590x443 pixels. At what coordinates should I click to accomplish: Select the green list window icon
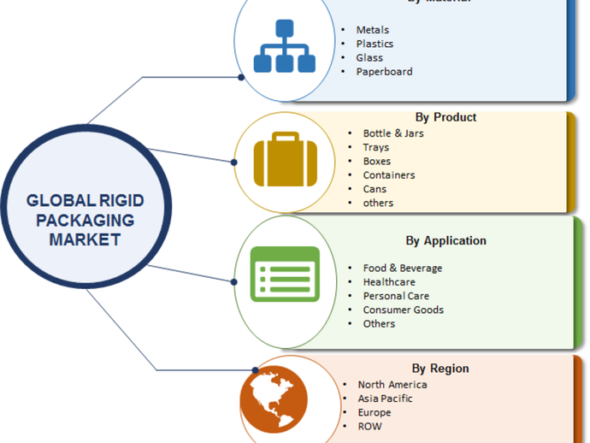pos(285,274)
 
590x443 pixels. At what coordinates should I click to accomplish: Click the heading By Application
pos(445,240)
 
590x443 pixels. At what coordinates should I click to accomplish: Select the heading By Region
pos(440,369)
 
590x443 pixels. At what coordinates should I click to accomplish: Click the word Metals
pos(373,30)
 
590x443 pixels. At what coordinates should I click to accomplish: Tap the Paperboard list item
pos(384,72)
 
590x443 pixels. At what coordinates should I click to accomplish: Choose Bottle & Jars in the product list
pos(392,133)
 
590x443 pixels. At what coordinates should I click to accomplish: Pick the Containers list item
pos(388,175)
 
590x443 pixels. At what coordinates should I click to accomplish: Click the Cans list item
pos(375,189)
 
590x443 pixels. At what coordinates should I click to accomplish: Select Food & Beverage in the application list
pos(402,269)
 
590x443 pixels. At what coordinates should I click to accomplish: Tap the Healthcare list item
pos(388,282)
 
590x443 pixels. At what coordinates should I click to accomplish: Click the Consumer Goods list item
pos(403,310)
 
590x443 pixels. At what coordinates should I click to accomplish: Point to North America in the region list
pos(392,385)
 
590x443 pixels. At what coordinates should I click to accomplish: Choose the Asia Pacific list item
pos(385,399)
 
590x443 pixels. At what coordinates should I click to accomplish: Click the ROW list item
pos(370,426)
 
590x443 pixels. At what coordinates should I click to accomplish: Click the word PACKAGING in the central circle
pos(85,221)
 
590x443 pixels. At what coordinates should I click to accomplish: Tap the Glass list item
pos(370,58)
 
